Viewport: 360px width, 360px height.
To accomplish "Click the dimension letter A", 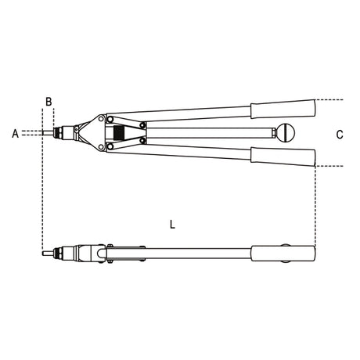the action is (16, 134).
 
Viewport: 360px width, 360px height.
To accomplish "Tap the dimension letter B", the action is (49, 102).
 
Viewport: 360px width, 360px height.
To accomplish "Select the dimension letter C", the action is (340, 135).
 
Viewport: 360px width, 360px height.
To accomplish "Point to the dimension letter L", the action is (172, 225).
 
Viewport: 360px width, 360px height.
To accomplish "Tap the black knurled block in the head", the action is (119, 133).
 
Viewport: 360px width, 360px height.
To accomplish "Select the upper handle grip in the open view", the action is (283, 109).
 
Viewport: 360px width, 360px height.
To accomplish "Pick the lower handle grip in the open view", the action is (283, 157).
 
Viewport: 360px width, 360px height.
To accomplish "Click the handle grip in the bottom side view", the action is (283, 254).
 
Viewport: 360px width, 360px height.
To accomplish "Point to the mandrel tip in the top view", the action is (47, 133).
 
